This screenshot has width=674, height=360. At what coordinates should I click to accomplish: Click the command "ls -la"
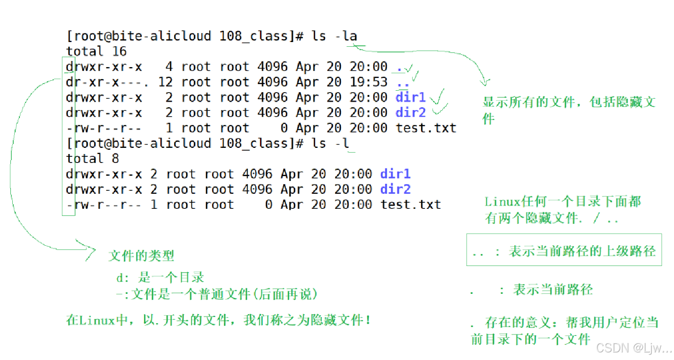tap(334, 36)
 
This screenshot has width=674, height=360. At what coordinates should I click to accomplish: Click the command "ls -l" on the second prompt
tap(330, 143)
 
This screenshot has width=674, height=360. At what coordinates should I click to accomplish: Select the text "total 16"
tap(96, 51)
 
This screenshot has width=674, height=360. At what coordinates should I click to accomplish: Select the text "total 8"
tap(93, 158)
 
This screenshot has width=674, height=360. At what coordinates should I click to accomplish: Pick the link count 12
tap(165, 82)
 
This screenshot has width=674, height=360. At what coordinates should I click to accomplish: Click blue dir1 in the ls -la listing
tap(411, 97)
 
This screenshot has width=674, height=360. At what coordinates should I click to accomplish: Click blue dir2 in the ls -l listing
tap(396, 189)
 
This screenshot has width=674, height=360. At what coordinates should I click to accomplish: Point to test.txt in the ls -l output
tap(411, 205)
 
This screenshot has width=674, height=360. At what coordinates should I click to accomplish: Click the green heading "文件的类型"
tap(141, 256)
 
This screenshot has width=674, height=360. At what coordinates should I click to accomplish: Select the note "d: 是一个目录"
tap(160, 277)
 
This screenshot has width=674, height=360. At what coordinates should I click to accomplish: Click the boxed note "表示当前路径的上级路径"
tap(582, 251)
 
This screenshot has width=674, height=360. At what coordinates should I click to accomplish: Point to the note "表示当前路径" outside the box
tap(553, 290)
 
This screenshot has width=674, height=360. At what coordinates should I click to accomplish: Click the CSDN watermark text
tap(633, 349)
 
